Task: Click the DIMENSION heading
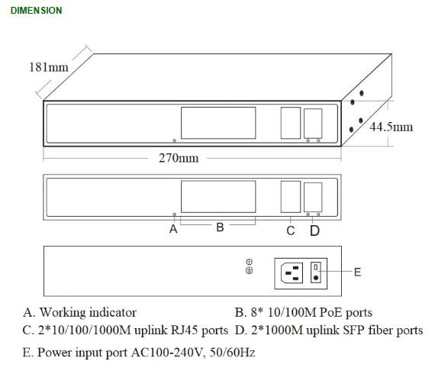pos(37,11)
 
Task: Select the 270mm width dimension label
pos(179,158)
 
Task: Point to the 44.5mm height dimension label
pos(391,127)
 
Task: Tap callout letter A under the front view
pos(173,228)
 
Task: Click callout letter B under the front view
pos(219,227)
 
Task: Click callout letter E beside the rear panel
pos(358,271)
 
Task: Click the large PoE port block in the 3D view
pos(217,122)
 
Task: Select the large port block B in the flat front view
pos(217,197)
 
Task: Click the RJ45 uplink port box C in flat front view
pos(290,196)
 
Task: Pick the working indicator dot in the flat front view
pos(174,214)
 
